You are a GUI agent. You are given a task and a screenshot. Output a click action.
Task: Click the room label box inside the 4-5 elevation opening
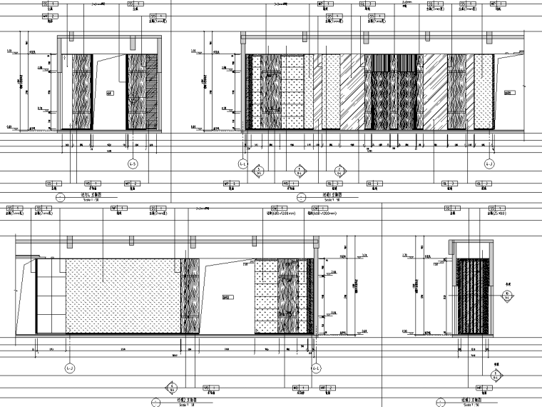click(110, 92)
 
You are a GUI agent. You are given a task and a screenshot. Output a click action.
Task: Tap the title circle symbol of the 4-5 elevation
click(60, 198)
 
